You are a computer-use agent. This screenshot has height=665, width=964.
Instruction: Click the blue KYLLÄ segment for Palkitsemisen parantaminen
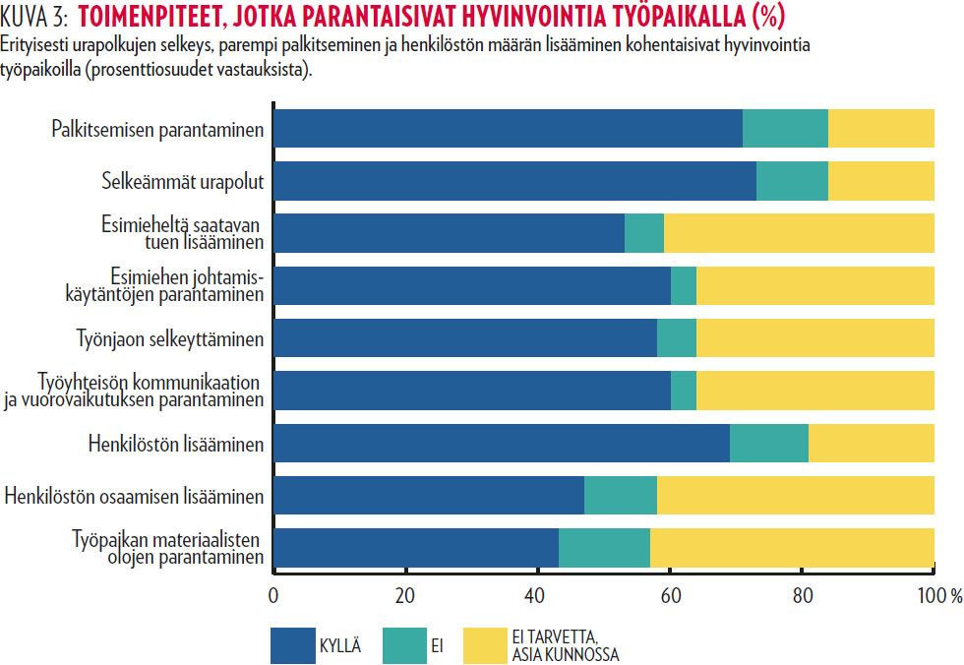pyautogui.click(x=507, y=129)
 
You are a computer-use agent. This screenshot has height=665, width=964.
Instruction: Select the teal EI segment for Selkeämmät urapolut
pyautogui.click(x=792, y=181)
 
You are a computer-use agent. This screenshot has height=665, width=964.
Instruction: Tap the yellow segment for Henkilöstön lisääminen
pyautogui.click(x=871, y=443)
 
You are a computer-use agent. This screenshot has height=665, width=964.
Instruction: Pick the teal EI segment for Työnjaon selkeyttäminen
pyautogui.click(x=677, y=338)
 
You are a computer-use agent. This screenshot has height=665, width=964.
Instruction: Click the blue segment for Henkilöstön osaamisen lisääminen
pyautogui.click(x=428, y=495)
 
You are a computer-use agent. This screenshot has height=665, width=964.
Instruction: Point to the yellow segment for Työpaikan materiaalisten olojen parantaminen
pyautogui.click(x=792, y=547)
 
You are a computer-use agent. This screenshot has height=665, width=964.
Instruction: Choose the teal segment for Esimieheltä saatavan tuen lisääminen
pyautogui.click(x=644, y=233)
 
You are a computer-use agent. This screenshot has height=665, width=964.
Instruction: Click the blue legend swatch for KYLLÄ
pyautogui.click(x=292, y=645)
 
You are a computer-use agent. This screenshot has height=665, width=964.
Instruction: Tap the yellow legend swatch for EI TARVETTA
pyautogui.click(x=485, y=645)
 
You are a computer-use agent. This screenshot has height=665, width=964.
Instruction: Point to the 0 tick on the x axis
pyautogui.click(x=272, y=594)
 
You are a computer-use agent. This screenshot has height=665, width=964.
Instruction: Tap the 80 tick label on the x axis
pyautogui.click(x=802, y=594)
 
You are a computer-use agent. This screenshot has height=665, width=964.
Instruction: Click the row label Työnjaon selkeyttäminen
pyautogui.click(x=170, y=339)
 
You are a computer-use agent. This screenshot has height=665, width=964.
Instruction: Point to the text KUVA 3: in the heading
pyautogui.click(x=34, y=17)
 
